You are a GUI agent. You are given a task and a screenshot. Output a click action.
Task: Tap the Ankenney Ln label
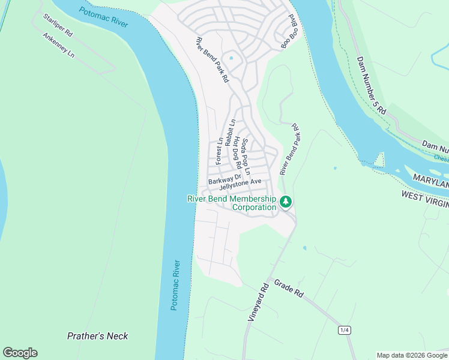59,45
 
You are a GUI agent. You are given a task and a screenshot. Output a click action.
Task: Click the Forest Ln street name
220,151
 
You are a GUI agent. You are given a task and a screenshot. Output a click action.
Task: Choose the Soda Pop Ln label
246,157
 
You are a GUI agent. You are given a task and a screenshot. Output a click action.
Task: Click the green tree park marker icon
286,201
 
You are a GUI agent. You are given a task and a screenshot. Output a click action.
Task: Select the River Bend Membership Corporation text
232,203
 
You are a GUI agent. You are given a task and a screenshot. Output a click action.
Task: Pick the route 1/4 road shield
345,330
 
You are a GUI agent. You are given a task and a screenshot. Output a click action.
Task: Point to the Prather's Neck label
97,336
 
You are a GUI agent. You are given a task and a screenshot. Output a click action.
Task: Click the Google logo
20,352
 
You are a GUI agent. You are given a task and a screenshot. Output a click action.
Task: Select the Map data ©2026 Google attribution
412,355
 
